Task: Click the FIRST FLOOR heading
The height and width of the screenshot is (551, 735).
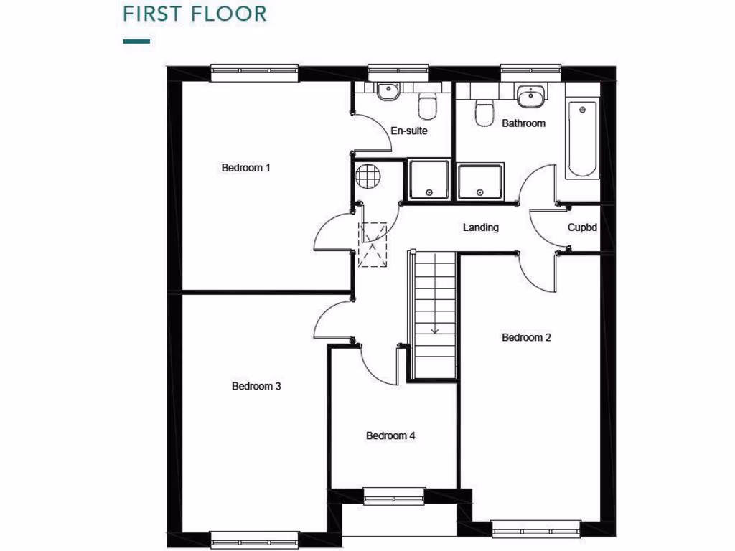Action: (185, 14)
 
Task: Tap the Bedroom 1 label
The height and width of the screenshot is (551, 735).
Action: (245, 168)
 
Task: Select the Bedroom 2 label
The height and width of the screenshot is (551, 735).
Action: (526, 337)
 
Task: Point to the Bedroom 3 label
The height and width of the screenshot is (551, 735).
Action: (256, 386)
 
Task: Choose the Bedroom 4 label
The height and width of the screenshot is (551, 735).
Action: (390, 435)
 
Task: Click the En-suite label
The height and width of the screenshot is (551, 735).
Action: (409, 131)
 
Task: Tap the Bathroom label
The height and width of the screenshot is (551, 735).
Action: (523, 123)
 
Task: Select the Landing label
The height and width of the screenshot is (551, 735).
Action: (480, 227)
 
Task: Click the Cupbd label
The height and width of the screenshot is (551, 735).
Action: (582, 227)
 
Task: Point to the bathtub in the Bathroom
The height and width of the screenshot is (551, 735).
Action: (582, 139)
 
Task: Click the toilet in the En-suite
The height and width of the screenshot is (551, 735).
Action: (427, 107)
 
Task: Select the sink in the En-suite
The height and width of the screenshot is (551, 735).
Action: (388, 93)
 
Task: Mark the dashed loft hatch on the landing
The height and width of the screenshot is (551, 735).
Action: (373, 245)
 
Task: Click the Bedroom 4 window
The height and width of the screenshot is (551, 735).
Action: (394, 496)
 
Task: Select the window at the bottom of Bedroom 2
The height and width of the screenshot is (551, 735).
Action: (535, 529)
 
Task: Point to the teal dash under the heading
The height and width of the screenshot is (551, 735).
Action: (136, 42)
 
